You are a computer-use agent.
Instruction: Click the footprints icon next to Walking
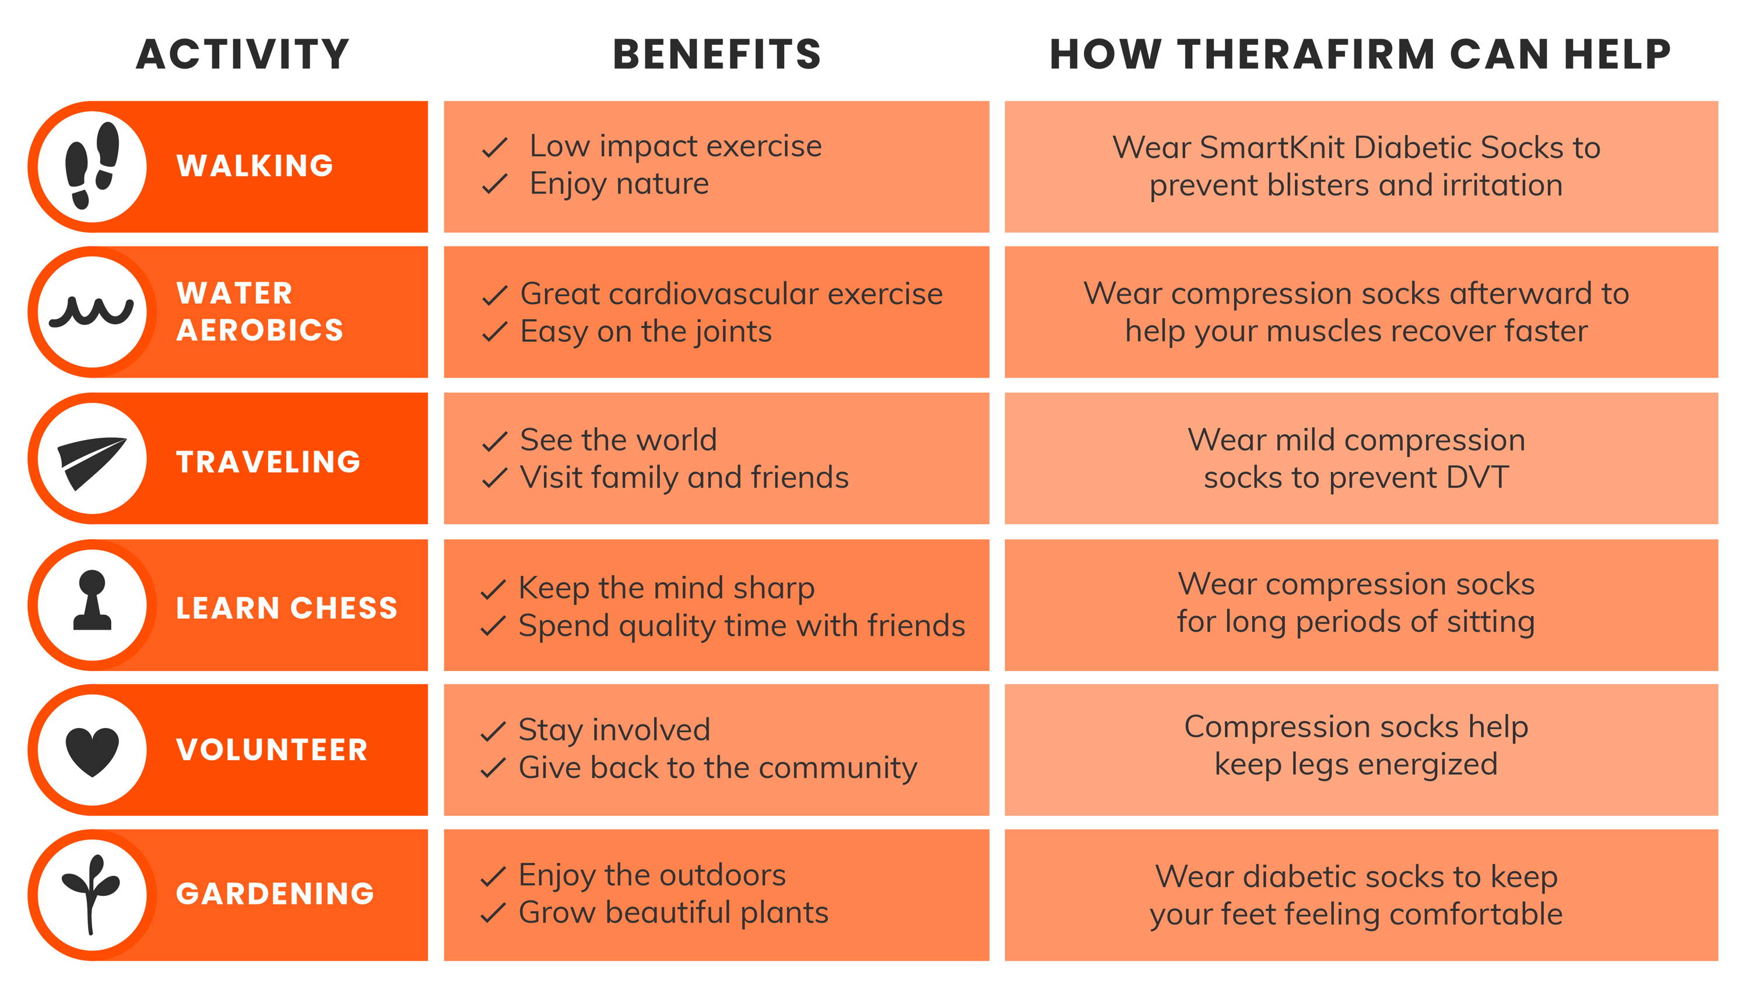[x=92, y=166]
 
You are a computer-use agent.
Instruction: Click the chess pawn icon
[x=92, y=600]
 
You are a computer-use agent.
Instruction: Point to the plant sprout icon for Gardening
[x=90, y=894]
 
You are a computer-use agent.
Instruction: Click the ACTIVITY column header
[x=243, y=55]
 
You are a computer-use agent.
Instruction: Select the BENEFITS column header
[x=717, y=55]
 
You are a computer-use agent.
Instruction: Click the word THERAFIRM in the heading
[x=1306, y=55]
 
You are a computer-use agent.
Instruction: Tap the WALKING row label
[x=255, y=166]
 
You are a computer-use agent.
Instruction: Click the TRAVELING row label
[x=268, y=462]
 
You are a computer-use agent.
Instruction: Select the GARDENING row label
[x=275, y=894]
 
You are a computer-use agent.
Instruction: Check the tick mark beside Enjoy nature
[x=495, y=184]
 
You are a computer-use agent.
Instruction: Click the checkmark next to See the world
[x=495, y=441]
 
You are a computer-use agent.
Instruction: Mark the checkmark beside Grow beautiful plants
[x=493, y=913]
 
